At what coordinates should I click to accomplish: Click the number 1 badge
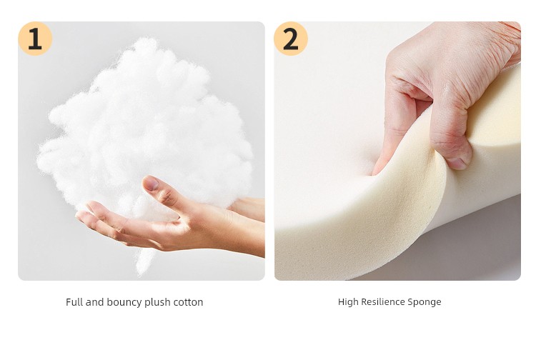click(x=35, y=39)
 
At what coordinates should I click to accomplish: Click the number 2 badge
click(x=291, y=39)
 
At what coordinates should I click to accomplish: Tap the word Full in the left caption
click(x=74, y=302)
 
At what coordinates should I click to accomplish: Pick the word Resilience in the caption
click(x=382, y=302)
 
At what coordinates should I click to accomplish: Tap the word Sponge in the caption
click(x=425, y=302)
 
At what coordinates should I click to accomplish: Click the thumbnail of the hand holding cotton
click(x=142, y=151)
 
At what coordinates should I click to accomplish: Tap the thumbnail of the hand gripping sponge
click(x=397, y=151)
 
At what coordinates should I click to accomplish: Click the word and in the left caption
click(x=94, y=302)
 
